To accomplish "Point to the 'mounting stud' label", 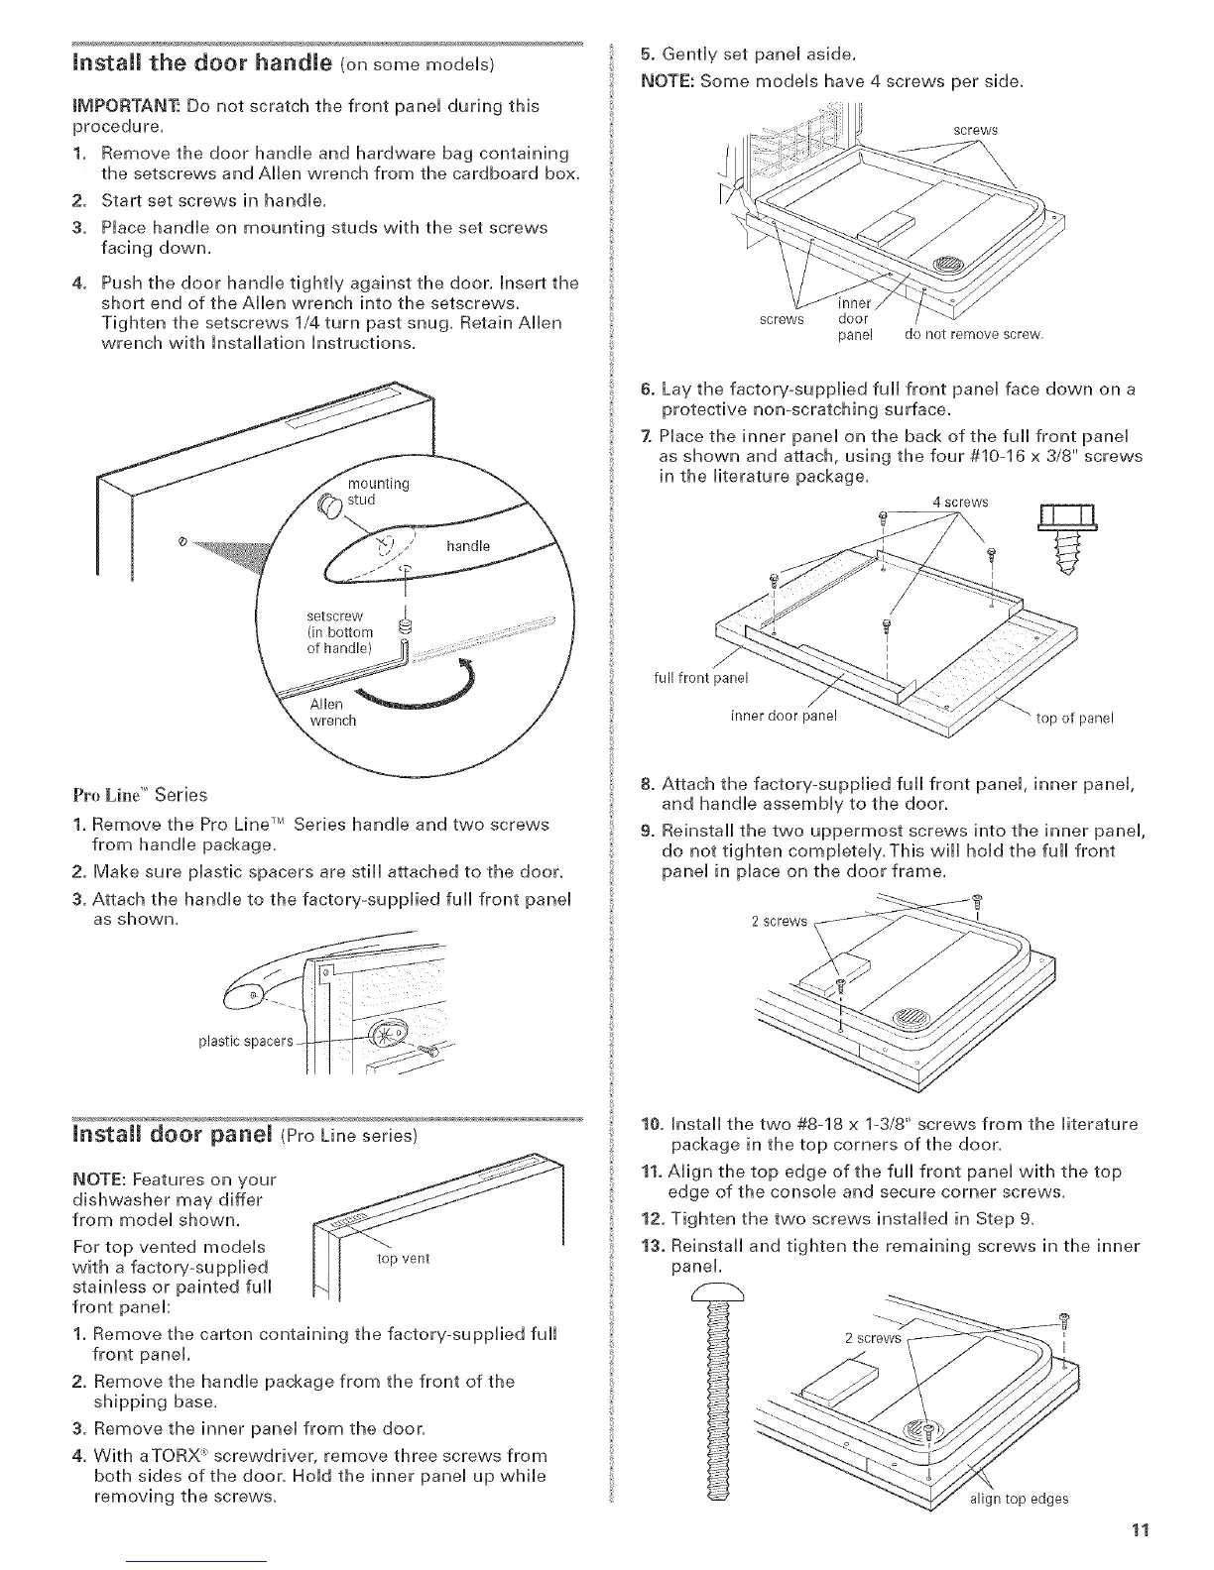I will pyautogui.click(x=377, y=492).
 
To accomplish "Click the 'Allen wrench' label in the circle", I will pyautogui.click(x=327, y=712).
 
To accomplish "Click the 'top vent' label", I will pyautogui.click(x=404, y=1259).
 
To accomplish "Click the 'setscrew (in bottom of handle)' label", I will pyautogui.click(x=339, y=631).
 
